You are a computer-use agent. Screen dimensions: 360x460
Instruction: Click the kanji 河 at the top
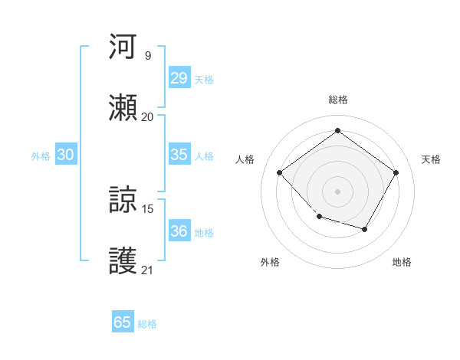pos(123,47)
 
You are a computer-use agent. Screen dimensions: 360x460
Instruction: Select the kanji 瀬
pos(123,108)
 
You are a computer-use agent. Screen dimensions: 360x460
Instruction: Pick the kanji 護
pos(123,260)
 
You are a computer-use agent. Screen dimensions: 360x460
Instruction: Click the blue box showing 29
pos(179,78)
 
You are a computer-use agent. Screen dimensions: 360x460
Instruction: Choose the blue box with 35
pos(179,155)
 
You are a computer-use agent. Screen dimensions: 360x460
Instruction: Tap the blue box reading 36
pos(179,231)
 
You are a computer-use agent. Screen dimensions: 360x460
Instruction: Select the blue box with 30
pos(66,155)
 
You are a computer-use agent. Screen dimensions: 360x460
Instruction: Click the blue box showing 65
pos(123,322)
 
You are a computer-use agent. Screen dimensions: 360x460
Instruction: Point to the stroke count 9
pos(148,55)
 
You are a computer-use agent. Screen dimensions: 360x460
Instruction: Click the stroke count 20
pos(148,116)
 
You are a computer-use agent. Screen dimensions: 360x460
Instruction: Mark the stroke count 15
pos(148,208)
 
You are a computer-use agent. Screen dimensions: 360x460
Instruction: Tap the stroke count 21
pos(148,270)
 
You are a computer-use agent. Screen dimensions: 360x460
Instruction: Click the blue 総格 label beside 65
pos(147,324)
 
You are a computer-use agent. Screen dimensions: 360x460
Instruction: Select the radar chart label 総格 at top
pos(337,100)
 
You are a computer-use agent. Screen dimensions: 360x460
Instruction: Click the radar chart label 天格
pos(431,159)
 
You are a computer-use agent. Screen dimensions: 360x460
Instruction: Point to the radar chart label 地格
pos(402,262)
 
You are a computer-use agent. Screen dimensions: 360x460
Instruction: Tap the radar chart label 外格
pos(270,262)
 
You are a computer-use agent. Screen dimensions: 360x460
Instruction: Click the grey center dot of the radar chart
pos(337,190)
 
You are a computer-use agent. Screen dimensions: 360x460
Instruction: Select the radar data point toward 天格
pos(396,172)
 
